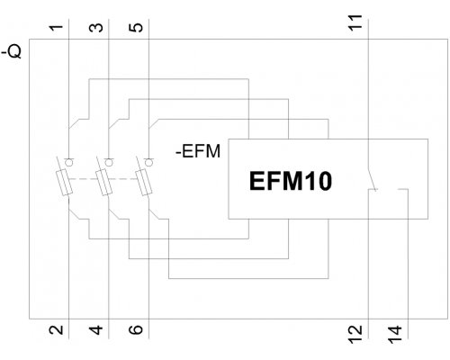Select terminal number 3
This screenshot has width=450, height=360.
tap(96, 27)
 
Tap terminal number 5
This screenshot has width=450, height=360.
tap(136, 27)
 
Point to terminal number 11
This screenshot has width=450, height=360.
tap(355, 22)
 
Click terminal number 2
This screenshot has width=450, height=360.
tap(57, 330)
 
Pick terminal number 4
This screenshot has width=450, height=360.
tap(96, 330)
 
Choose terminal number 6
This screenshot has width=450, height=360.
tap(136, 330)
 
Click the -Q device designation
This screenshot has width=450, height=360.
tap(12, 52)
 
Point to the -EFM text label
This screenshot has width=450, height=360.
tap(198, 151)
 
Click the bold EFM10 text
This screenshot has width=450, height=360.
tap(291, 181)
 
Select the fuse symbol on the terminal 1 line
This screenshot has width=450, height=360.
tap(64, 182)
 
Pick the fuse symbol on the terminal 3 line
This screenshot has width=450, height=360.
tap(104, 182)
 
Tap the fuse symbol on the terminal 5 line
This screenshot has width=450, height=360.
tap(144, 182)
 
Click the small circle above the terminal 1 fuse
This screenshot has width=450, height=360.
tap(69, 162)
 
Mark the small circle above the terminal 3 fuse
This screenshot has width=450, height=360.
tap(109, 162)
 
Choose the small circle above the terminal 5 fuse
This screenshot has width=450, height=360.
tap(148, 162)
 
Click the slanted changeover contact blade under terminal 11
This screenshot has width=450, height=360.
tap(372, 179)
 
